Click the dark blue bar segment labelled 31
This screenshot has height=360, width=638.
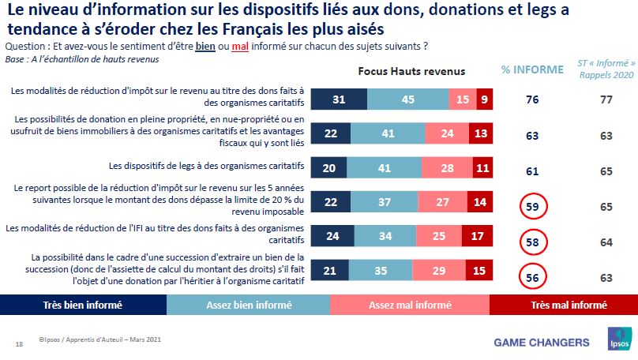tap(339, 99)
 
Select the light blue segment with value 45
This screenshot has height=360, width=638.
tap(408, 99)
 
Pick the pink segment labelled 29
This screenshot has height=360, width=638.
tap(446, 271)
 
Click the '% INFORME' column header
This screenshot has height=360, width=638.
tap(532, 69)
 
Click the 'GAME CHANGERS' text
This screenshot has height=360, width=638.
tap(541, 342)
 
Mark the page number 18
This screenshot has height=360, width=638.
tap(19, 343)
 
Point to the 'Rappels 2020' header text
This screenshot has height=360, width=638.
tap(606, 75)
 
